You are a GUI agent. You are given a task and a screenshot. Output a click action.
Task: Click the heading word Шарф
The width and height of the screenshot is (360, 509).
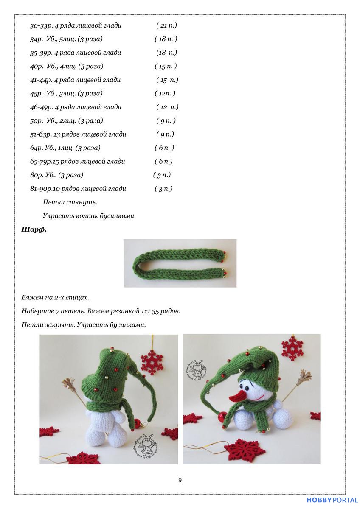34,230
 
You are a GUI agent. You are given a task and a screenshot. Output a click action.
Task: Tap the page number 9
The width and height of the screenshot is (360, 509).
180,480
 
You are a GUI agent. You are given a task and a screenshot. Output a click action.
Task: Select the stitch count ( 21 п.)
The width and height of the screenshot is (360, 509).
166,25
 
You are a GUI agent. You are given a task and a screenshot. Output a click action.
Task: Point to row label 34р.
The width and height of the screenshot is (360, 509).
36,39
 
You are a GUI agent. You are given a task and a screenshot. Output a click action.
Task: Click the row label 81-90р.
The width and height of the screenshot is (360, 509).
41,189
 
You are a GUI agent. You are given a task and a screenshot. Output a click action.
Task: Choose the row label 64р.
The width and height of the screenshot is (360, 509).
36,148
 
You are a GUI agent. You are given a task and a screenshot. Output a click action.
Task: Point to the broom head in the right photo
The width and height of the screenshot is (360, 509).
304,377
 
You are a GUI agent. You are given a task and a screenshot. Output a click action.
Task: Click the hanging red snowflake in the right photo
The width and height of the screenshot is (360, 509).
292,348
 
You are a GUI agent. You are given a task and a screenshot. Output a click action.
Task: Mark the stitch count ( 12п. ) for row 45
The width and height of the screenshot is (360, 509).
165,93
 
